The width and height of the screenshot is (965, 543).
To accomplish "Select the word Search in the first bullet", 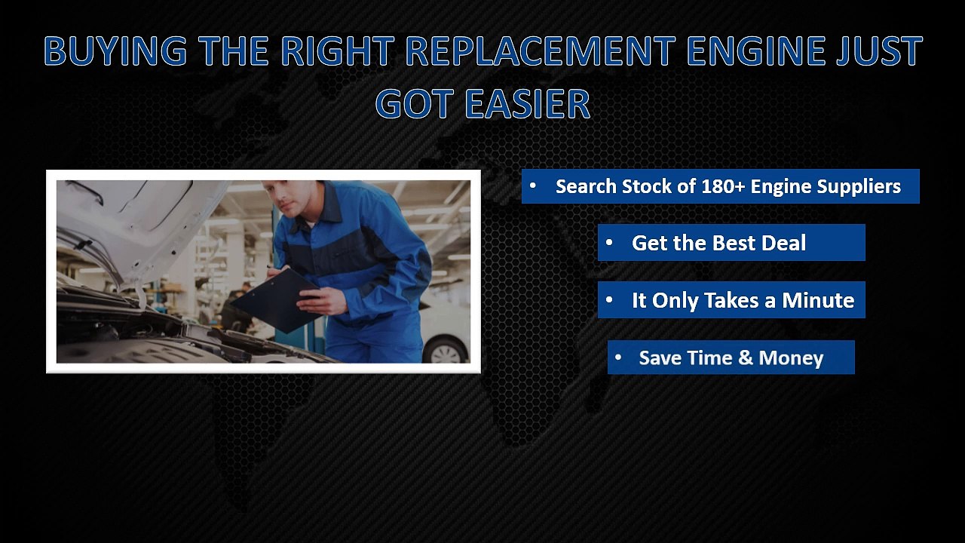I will pyautogui.click(x=586, y=186).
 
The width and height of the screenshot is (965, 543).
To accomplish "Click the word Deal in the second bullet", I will pyautogui.click(x=783, y=243).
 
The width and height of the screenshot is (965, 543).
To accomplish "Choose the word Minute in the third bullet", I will pyautogui.click(x=818, y=300).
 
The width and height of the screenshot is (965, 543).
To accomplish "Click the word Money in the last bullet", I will pyautogui.click(x=791, y=358).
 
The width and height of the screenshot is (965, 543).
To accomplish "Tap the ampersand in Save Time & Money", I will pyautogui.click(x=746, y=358).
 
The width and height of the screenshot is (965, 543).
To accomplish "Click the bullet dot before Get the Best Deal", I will pyautogui.click(x=609, y=243).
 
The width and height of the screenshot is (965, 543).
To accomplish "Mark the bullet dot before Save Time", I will pyautogui.click(x=618, y=357).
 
